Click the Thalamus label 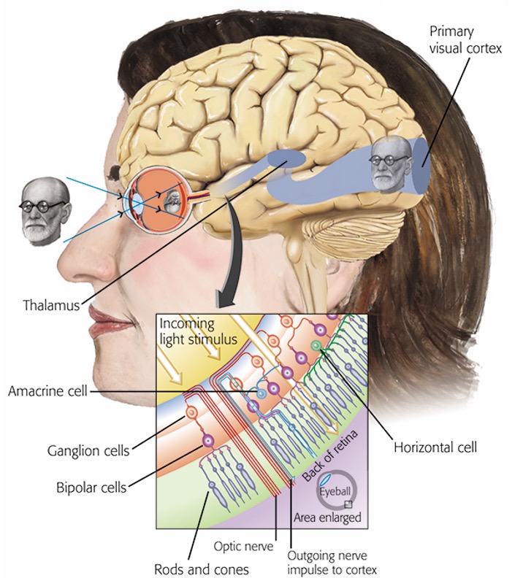click(51, 305)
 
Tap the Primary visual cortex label click(465, 40)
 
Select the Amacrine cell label click(48, 390)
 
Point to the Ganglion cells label click(88, 450)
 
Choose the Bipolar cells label click(91, 488)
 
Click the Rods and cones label click(202, 569)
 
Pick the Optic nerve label click(244, 546)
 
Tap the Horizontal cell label click(435, 447)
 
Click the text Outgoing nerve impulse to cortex click(332, 563)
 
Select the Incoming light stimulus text click(198, 331)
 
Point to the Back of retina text click(330, 456)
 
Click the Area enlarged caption click(327, 517)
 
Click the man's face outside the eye click(45, 211)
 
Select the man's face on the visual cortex click(390, 163)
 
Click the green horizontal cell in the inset click(316, 345)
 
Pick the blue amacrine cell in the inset click(261, 393)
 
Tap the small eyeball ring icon click(335, 490)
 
